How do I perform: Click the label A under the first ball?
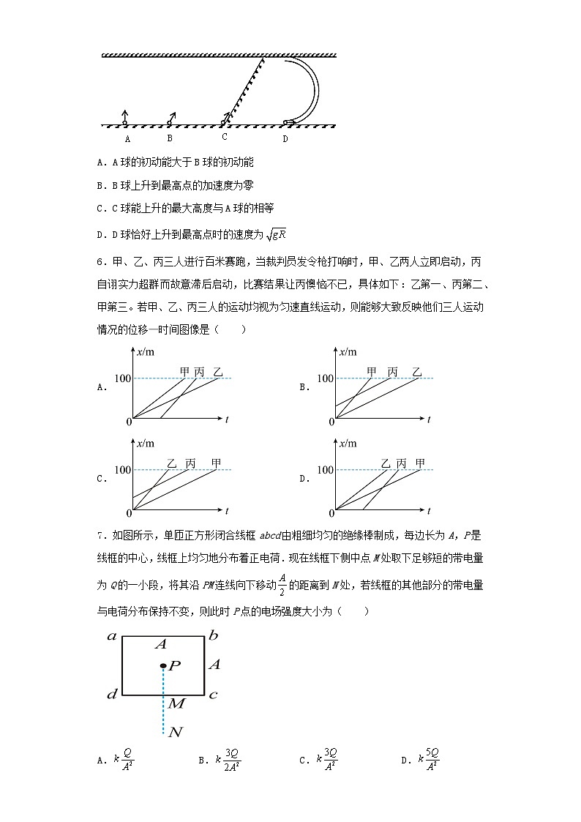coord(127,138)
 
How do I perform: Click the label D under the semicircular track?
coord(285,138)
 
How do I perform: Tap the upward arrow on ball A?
coord(125,115)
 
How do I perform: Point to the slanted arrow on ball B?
coord(172,116)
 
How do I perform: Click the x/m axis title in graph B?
coord(349,353)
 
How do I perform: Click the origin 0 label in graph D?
coord(331,513)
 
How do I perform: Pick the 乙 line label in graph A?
coord(217,372)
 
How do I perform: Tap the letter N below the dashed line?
coord(175,732)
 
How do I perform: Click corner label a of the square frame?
coord(113,636)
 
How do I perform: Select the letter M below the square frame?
coord(176,703)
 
